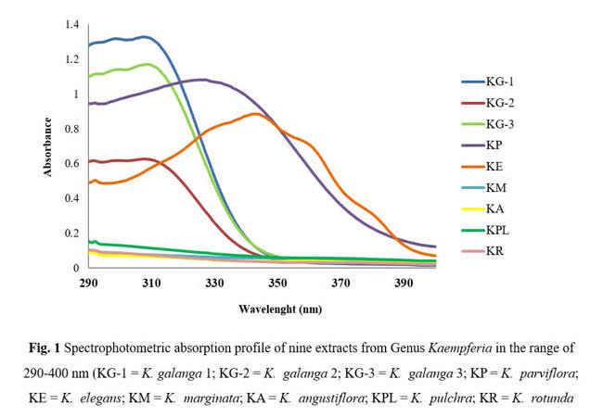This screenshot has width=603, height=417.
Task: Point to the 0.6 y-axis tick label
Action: click(71, 163)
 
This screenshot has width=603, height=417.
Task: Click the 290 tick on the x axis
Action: click(89, 283)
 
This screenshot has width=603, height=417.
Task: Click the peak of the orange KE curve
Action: click(254, 114)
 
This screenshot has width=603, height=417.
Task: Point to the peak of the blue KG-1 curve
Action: click(144, 37)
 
